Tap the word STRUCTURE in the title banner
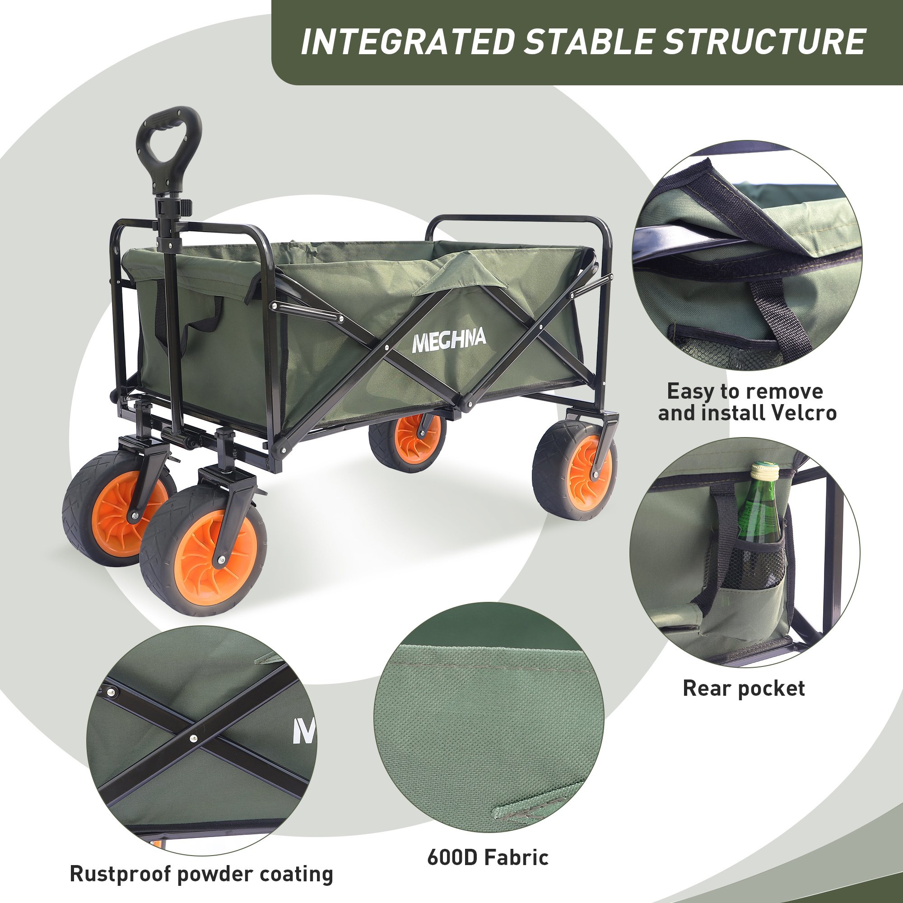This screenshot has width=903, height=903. click(765, 42)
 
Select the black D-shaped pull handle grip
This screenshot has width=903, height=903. click(169, 143)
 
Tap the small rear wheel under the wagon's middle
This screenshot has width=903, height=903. click(407, 442)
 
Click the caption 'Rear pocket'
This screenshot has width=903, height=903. click(744, 689)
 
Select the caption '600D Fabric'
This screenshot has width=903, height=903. click(488, 857)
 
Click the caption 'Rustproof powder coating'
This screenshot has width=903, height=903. click(201, 874)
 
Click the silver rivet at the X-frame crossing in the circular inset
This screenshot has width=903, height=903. click(194, 739)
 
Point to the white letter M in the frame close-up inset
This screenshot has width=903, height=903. click(304, 731)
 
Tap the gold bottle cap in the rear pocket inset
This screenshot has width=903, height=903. click(765, 469)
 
